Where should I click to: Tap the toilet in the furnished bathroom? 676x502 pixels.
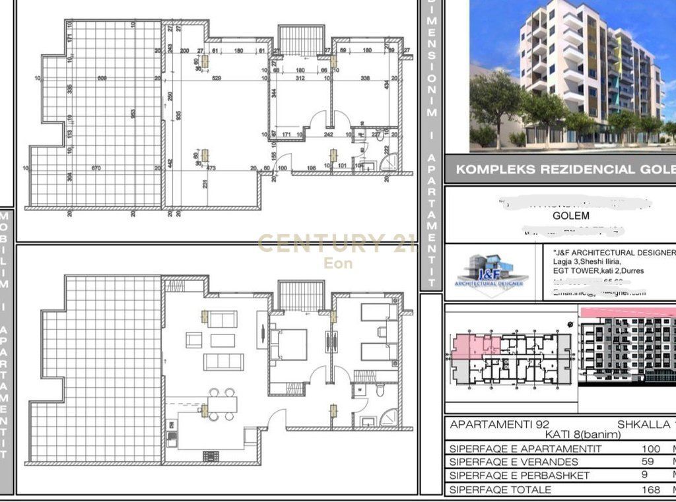[380, 391]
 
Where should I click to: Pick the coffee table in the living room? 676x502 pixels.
[223, 340]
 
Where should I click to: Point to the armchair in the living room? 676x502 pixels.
[194, 340]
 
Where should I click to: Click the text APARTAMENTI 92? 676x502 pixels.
[490, 425]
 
